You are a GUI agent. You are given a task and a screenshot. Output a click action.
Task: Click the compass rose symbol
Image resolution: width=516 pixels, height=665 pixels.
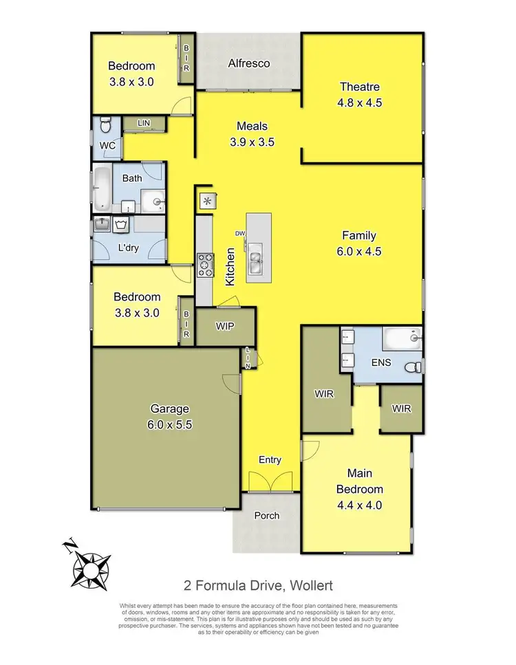(87, 565)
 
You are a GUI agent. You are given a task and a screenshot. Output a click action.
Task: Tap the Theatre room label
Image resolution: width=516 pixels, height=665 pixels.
(360, 87)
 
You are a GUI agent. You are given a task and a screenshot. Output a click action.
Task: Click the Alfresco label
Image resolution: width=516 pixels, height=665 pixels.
(249, 64)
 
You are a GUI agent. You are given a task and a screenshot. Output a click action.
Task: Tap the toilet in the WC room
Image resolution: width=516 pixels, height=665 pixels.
(105, 125)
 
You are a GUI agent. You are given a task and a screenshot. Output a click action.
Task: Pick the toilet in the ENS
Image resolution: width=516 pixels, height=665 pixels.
(411, 367)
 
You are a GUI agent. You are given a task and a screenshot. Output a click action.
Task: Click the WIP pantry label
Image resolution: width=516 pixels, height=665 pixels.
(226, 327)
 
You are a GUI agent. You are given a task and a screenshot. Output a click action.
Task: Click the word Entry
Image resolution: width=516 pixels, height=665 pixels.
(270, 460)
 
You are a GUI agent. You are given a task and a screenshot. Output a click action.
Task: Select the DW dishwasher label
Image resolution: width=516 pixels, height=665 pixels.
(240, 233)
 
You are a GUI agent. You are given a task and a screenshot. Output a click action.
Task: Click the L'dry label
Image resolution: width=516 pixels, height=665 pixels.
(129, 248)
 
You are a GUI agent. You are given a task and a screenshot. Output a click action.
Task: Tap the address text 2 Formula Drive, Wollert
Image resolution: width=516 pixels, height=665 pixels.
(258, 586)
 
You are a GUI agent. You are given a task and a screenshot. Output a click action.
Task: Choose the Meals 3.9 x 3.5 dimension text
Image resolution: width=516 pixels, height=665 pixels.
(252, 142)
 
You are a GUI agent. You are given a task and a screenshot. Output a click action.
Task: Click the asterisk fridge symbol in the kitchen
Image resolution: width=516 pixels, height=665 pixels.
(207, 201)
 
